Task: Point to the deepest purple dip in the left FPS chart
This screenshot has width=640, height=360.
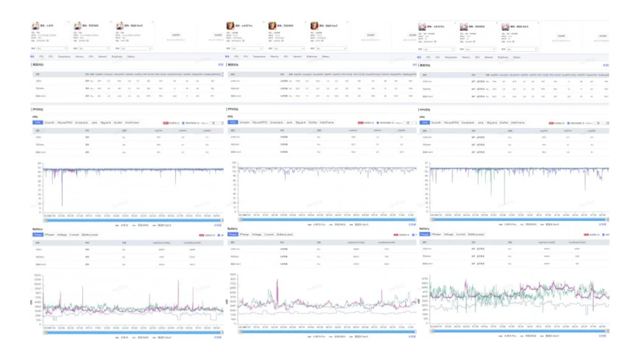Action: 62,204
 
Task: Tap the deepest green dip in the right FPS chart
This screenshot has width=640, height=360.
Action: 504,203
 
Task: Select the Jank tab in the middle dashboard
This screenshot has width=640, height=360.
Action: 289,122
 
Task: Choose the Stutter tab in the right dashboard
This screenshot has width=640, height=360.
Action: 504,123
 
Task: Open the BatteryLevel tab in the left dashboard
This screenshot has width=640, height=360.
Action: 90,235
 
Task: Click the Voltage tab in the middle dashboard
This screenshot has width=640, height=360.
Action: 257,235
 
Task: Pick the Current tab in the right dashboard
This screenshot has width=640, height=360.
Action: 460,235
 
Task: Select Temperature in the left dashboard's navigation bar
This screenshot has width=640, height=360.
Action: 64,57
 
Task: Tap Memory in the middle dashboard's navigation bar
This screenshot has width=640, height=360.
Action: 274,57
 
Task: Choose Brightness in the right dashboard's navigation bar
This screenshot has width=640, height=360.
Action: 503,57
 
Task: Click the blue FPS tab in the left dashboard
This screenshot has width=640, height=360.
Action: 37,123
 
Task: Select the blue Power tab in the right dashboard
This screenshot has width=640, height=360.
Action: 424,235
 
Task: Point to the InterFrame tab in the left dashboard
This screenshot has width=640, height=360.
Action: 132,123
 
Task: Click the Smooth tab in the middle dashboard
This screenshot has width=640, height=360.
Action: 245,122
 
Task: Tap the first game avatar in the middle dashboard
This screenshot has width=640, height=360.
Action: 230,26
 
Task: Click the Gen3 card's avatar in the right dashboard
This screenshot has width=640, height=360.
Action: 505,27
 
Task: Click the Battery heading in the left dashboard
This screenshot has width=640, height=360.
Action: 37,229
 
